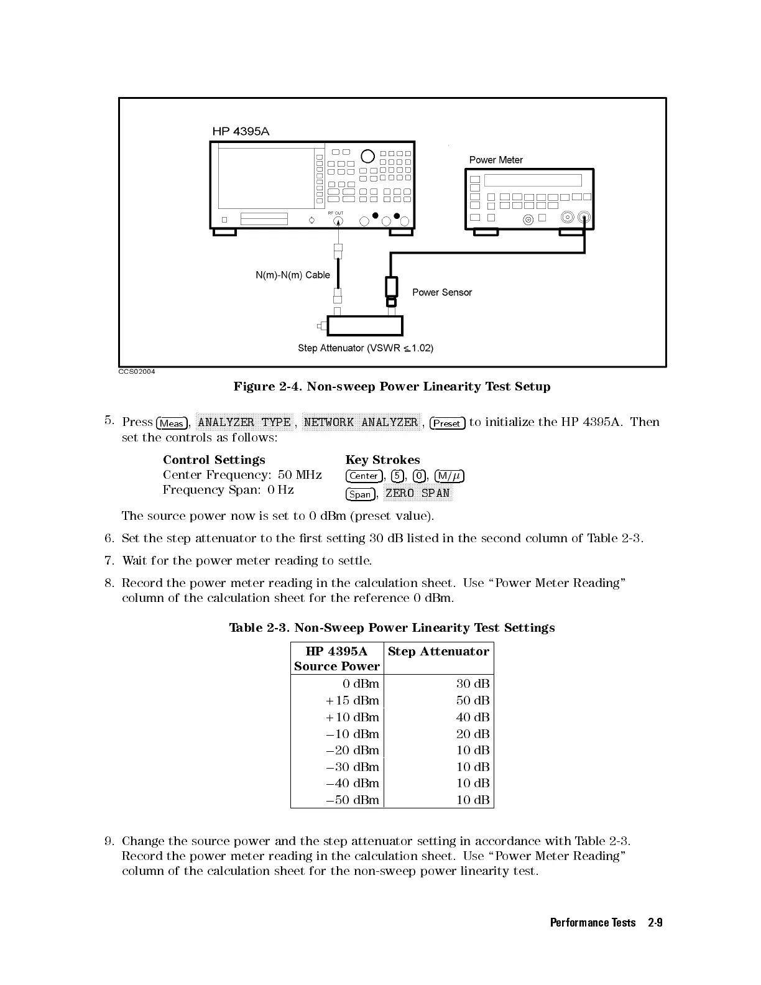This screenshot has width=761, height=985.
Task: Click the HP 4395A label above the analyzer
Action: [x=241, y=131]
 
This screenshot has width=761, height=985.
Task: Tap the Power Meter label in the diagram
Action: [x=496, y=160]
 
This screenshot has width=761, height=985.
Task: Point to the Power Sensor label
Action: [x=442, y=292]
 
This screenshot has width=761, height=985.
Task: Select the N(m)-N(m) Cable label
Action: [x=292, y=275]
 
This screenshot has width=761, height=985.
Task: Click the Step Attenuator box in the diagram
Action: [x=365, y=326]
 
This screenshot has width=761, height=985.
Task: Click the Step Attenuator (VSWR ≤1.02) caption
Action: [x=366, y=348]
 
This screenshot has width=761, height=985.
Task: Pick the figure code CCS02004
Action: [x=137, y=372]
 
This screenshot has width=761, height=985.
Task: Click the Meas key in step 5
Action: [x=172, y=423]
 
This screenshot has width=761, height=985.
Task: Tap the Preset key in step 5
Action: [x=447, y=423]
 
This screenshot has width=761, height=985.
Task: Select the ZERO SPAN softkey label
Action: [x=417, y=494]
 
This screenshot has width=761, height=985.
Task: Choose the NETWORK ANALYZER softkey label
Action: [x=361, y=423]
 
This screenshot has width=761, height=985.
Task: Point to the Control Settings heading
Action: [x=214, y=460]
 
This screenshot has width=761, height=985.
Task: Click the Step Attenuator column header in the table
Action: [x=438, y=652]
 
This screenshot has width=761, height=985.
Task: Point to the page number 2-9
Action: [x=655, y=923]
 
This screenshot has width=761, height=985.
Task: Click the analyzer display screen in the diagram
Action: [x=266, y=178]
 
